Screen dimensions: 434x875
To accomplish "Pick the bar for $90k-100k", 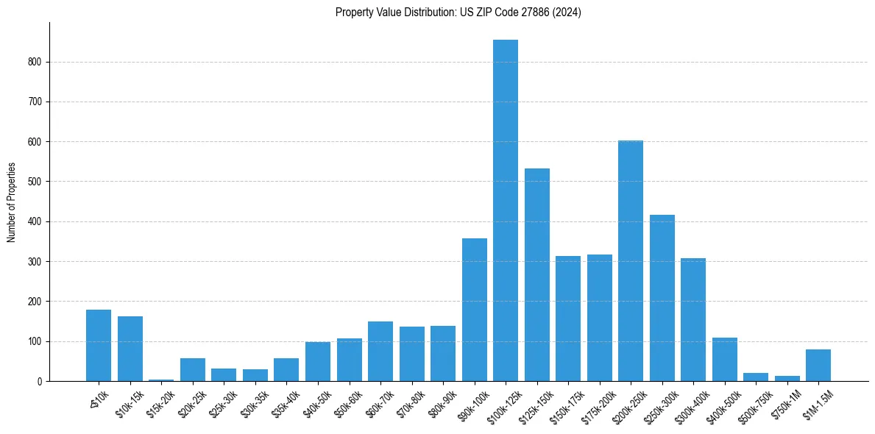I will pos(475,310).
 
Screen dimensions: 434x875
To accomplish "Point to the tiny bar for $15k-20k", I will pos(161,380).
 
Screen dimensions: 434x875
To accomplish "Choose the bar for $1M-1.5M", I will pos(818,366).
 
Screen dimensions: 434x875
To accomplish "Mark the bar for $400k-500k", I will pos(725,360).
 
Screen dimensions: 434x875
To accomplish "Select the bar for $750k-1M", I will pos(787,378).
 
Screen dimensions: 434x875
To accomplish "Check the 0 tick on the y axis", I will pos(41,381).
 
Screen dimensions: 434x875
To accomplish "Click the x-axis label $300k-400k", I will pos(690,404).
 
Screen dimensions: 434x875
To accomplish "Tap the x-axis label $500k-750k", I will pos(753,404).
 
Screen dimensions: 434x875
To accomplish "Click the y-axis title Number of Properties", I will pos(11,202).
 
